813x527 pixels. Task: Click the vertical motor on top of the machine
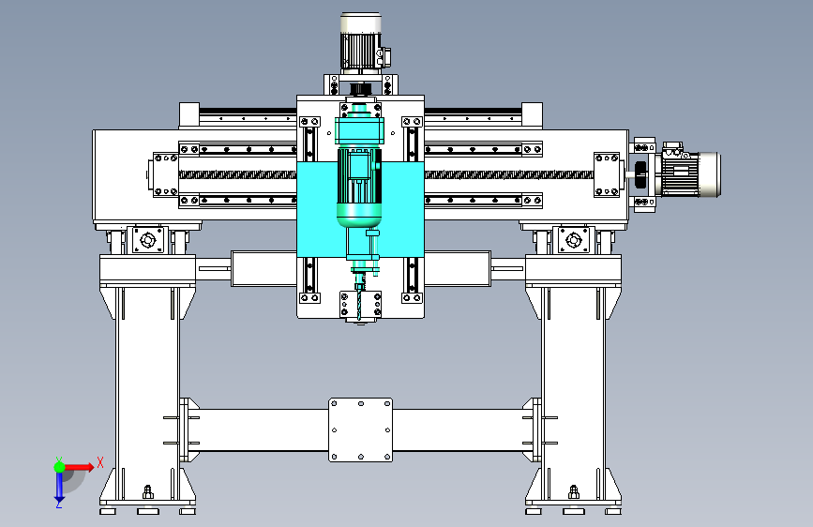pyautogui.click(x=361, y=41)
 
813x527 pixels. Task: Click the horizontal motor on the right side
pyautogui.click(x=687, y=172)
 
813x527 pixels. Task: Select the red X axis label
pyautogui.click(x=100, y=462)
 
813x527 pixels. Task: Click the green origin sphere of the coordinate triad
pyautogui.click(x=60, y=467)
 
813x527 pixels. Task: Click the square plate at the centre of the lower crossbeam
pyautogui.click(x=361, y=430)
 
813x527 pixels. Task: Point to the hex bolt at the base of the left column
pyautogui.click(x=148, y=491)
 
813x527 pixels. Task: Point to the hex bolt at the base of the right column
pyautogui.click(x=574, y=491)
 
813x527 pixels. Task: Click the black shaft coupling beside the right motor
pyautogui.click(x=640, y=174)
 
